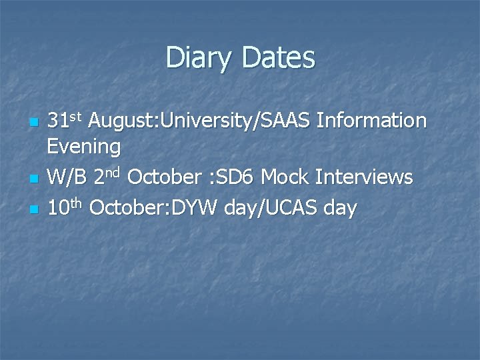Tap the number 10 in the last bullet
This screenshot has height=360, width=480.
pos(59,208)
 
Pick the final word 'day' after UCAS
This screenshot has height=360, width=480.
pos(340,209)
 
